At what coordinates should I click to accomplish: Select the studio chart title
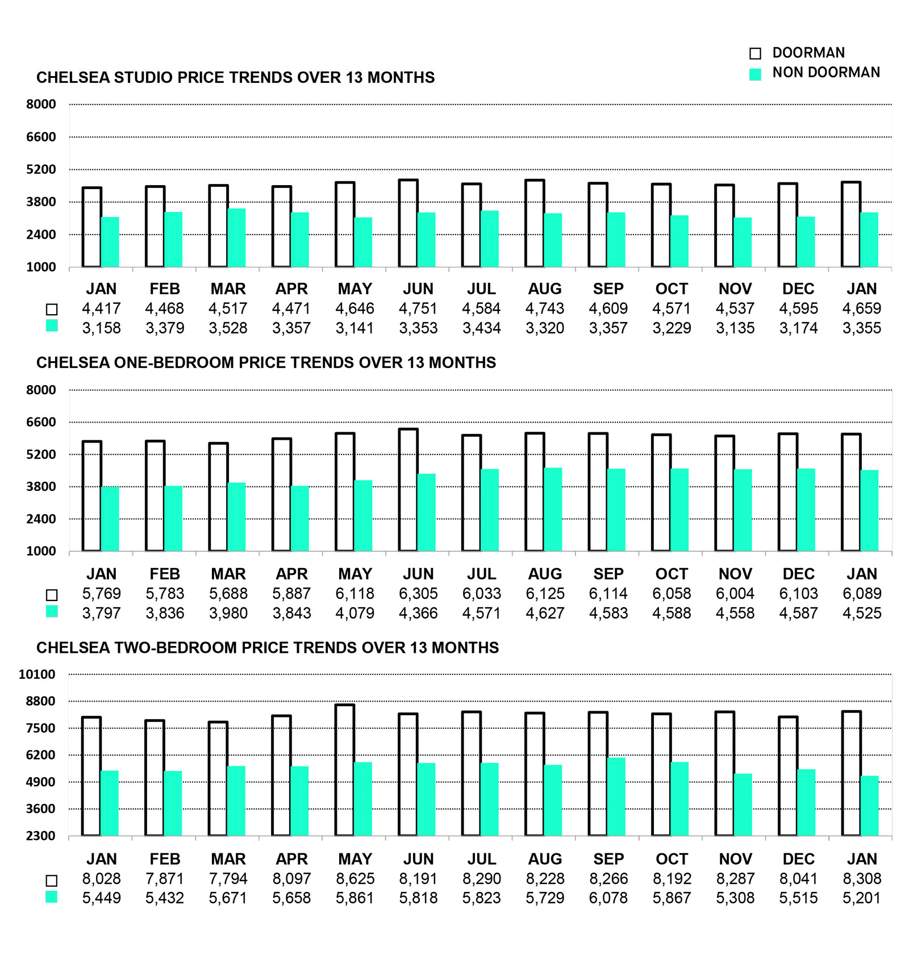235,77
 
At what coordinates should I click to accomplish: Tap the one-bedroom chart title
266,362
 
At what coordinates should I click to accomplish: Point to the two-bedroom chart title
268,648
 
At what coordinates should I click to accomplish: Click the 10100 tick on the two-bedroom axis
37,674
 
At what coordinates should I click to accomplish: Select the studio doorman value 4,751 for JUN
418,308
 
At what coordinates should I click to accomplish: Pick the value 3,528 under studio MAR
228,328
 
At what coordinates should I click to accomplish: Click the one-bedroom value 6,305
418,594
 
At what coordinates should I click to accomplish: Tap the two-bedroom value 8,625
355,879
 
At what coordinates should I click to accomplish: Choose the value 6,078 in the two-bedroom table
608,898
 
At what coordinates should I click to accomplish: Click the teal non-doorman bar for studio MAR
237,238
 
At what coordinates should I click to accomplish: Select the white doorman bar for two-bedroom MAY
345,770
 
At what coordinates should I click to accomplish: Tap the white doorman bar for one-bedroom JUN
408,490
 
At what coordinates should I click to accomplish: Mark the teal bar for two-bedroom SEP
616,796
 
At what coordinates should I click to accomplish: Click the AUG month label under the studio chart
545,289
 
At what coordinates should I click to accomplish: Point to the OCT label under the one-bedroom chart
672,574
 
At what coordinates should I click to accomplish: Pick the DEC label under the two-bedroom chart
798,859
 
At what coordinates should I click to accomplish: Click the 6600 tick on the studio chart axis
41,137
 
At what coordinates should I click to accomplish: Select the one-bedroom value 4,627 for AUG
545,613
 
